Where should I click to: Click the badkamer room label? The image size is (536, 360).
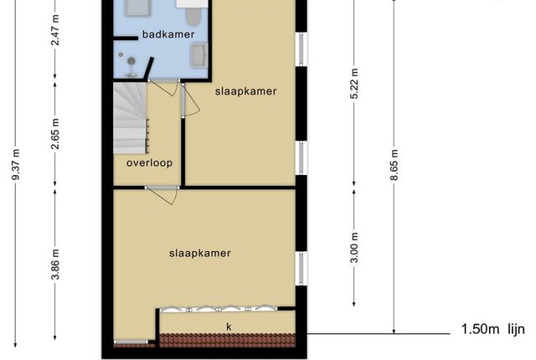tap(168, 34)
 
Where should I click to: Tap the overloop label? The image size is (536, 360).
tap(149, 163)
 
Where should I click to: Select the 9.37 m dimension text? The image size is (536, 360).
tap(16, 165)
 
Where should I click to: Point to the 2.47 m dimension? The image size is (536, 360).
tap(55, 30)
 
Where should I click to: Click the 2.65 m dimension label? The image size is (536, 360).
tap(55, 134)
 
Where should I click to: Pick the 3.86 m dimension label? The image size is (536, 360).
tap(55, 265)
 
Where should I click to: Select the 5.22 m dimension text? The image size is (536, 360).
tap(354, 84)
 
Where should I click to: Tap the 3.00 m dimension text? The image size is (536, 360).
tap(354, 248)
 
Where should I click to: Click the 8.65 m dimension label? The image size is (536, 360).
tap(394, 165)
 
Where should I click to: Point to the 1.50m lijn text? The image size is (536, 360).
tap(493, 329)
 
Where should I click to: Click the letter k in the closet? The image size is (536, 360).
tap(229, 327)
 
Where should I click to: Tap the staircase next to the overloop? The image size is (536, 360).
tap(130, 118)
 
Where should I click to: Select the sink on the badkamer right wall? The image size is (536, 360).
tap(199, 54)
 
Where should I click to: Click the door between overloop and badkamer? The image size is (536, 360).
tap(163, 87)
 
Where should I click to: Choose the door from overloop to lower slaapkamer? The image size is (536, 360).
tap(162, 195)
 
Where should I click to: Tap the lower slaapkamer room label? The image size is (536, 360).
tap(200, 253)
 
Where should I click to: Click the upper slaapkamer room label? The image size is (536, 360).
tap(245, 91)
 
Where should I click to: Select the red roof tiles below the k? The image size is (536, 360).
tap(228, 340)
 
